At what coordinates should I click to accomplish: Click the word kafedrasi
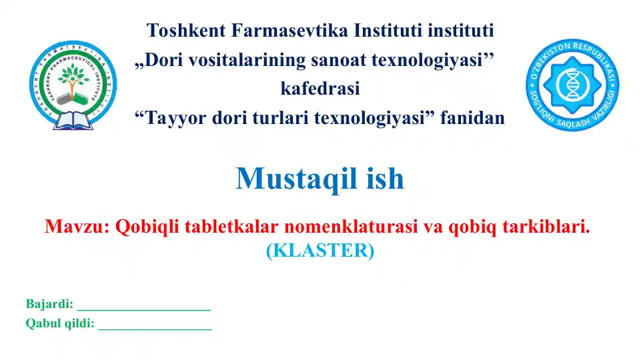[320, 89]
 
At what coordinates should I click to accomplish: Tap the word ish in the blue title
[385, 178]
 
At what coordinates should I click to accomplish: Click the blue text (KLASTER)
[320, 251]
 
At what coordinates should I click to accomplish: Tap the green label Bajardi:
[49, 304]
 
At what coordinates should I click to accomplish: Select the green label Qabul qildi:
[60, 324]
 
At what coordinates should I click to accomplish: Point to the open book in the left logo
[72, 120]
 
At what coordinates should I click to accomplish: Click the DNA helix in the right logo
[572, 84]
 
